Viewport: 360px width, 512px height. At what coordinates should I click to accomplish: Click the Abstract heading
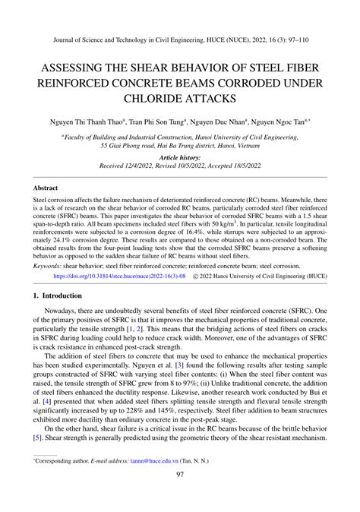point(46,187)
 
